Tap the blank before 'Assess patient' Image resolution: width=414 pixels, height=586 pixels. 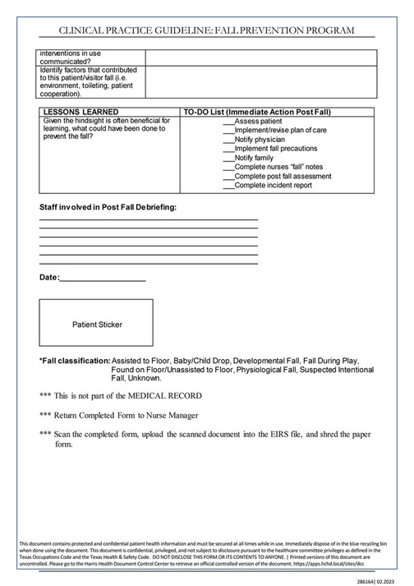[228, 122]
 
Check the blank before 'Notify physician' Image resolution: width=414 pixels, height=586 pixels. [228, 140]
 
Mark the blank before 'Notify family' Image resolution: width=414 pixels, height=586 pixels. [228, 158]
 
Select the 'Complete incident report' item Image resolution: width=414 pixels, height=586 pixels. [273, 186]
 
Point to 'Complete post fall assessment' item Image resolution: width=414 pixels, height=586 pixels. [283, 177]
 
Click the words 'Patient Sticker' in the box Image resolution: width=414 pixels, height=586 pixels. [97, 325]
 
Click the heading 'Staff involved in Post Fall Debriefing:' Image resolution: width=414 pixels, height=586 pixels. [108, 206]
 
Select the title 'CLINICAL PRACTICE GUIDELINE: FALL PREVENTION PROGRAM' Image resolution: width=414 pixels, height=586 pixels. [206, 30]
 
